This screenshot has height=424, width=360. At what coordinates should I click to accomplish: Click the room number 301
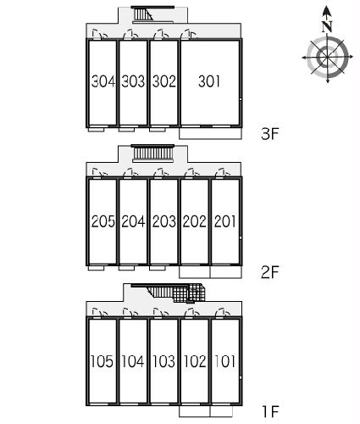[x=209, y=81]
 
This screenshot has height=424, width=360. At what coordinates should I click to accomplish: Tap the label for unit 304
[x=103, y=81]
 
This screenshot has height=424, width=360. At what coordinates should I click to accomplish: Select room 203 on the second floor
[x=164, y=221]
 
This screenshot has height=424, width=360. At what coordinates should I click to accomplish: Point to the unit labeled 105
[x=102, y=361]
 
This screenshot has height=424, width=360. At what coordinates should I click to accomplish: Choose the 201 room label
[x=224, y=221]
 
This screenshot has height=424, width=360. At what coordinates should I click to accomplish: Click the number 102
[x=195, y=361]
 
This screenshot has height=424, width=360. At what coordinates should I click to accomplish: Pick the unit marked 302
[x=164, y=81]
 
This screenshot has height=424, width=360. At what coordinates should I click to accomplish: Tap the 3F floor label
[x=270, y=134]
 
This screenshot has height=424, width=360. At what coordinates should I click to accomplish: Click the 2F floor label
[x=270, y=272]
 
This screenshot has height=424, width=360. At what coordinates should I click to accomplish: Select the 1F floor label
[x=270, y=411]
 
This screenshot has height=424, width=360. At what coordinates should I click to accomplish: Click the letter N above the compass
[x=327, y=26]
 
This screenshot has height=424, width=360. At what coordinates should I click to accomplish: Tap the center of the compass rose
[x=327, y=58]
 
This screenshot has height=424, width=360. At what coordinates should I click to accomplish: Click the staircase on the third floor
[x=143, y=14]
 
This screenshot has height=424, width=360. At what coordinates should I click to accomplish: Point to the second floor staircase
[x=152, y=153]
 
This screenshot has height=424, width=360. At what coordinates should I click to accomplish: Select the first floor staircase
[x=176, y=293]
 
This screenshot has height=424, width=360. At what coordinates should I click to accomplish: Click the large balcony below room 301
[x=210, y=133]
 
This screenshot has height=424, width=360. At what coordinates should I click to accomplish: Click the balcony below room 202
[x=195, y=272]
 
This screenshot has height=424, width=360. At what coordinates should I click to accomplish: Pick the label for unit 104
[x=133, y=361]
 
